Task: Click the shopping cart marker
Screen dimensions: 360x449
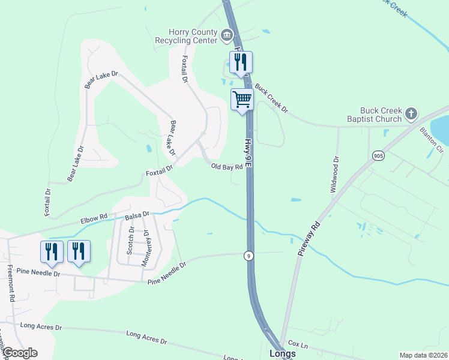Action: (x=242, y=100)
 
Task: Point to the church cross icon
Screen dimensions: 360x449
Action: (x=411, y=113)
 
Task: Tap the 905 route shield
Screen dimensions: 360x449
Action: (x=378, y=155)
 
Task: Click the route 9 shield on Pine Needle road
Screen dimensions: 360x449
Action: (x=248, y=256)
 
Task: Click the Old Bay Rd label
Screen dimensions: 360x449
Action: (x=226, y=167)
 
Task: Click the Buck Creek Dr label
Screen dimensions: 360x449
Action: (x=271, y=98)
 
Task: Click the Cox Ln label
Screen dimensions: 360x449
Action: (x=298, y=345)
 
